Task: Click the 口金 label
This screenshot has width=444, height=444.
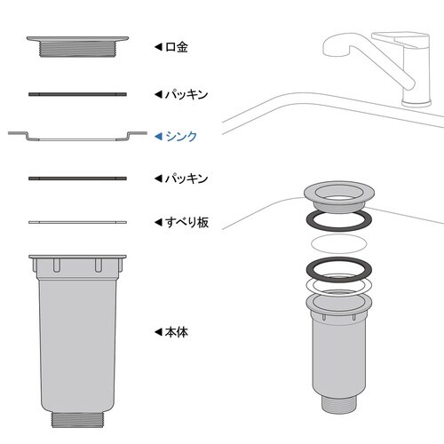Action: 178,46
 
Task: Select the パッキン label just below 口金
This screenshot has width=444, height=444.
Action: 186,93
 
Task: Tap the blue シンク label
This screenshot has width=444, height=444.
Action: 182,136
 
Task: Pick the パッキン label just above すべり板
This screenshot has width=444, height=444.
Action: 186,178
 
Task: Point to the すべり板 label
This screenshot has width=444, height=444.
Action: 186,222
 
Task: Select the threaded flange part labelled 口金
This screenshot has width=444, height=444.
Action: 78,46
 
